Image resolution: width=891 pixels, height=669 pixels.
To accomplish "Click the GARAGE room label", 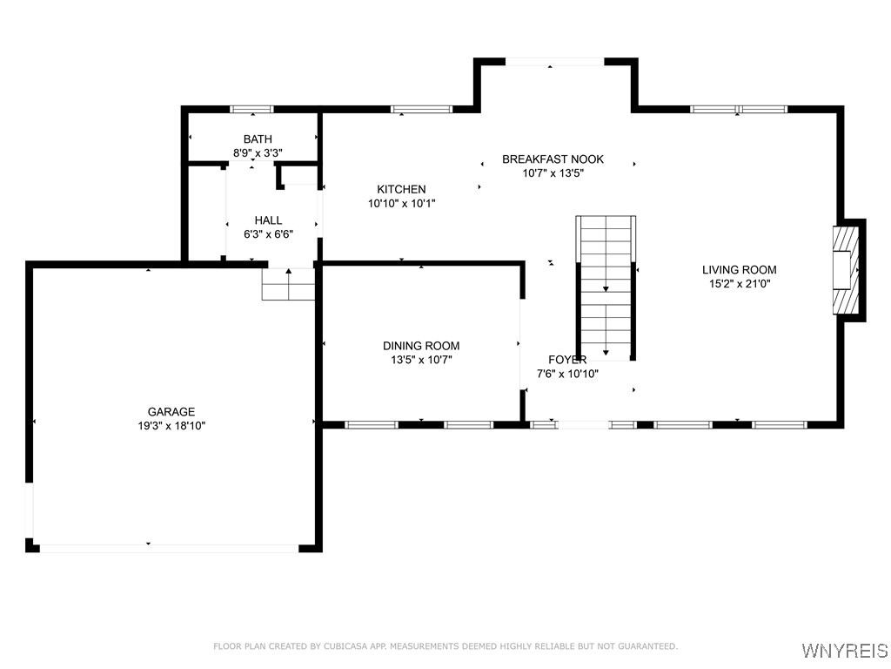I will tap(171, 412).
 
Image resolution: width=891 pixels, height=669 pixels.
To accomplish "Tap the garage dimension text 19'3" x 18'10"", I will tap(171, 426).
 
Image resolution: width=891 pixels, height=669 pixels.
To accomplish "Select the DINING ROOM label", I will tap(421, 346).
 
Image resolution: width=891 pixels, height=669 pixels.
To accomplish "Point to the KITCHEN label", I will tap(401, 189).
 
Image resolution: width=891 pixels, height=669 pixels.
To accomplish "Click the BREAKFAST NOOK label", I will tap(553, 159).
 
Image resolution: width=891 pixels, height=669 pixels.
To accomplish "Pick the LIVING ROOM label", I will tap(739, 270).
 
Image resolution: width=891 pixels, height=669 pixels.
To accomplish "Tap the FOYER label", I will tap(566, 360).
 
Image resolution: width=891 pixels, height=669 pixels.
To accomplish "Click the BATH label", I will tap(258, 139).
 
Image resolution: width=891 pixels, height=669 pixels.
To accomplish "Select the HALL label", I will tap(268, 220).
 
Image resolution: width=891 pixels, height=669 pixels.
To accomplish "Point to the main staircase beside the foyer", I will tap(606, 287).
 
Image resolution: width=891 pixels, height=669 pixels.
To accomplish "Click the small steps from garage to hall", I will tap(288, 285).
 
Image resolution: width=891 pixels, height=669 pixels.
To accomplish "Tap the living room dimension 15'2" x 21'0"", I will tap(739, 283).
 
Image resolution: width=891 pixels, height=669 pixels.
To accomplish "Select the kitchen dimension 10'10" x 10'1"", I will tap(401, 203).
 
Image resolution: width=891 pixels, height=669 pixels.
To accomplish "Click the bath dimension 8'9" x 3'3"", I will tap(258, 152).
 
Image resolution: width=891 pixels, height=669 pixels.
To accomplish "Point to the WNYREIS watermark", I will tap(844, 651).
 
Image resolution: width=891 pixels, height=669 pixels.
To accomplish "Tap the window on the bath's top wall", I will tap(251, 109).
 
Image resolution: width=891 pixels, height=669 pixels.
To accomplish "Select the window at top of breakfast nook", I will tap(554, 62).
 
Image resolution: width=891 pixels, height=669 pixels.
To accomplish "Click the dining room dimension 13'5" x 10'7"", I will tap(421, 359).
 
